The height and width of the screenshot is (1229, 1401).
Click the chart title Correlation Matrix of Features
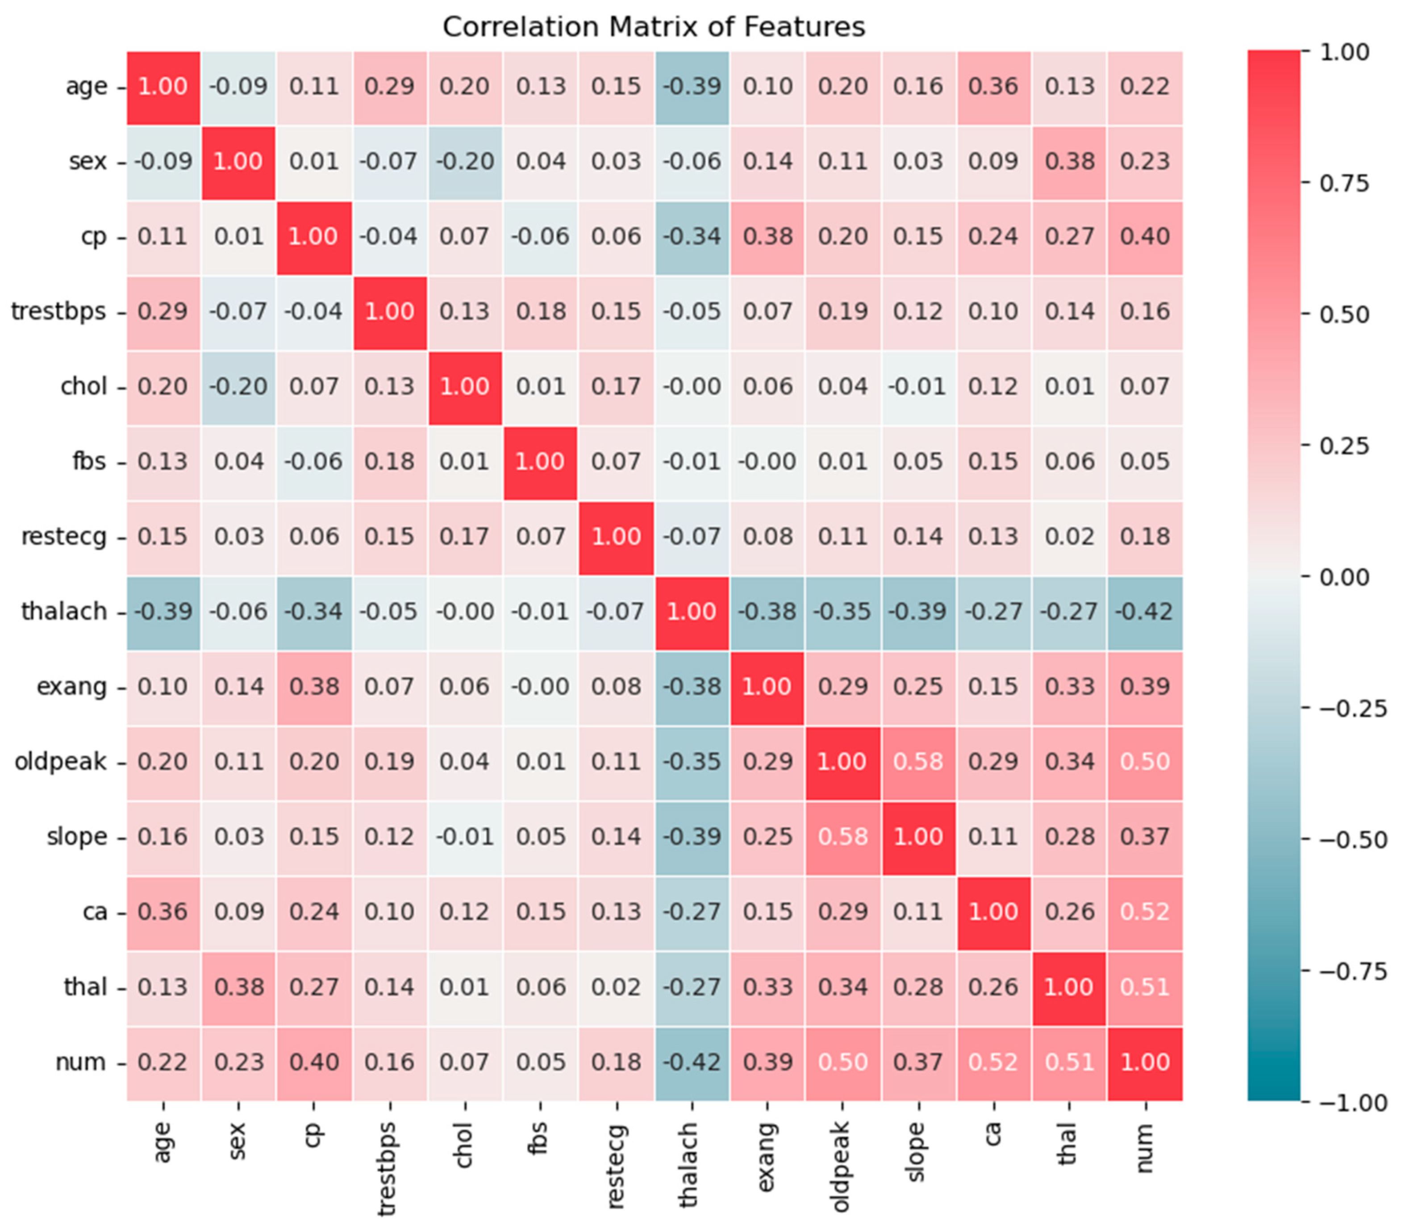[653, 27]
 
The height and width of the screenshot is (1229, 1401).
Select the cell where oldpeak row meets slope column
[918, 761]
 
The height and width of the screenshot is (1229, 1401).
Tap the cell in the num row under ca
[993, 1061]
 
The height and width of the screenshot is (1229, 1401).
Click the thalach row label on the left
[64, 611]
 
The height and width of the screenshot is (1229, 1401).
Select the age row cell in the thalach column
[692, 86]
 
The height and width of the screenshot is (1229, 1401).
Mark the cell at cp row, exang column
[767, 237]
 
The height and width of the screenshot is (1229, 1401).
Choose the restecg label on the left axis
[64, 536]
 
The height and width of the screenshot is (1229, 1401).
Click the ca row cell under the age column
[163, 911]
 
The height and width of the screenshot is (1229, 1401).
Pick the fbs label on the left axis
[89, 461]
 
